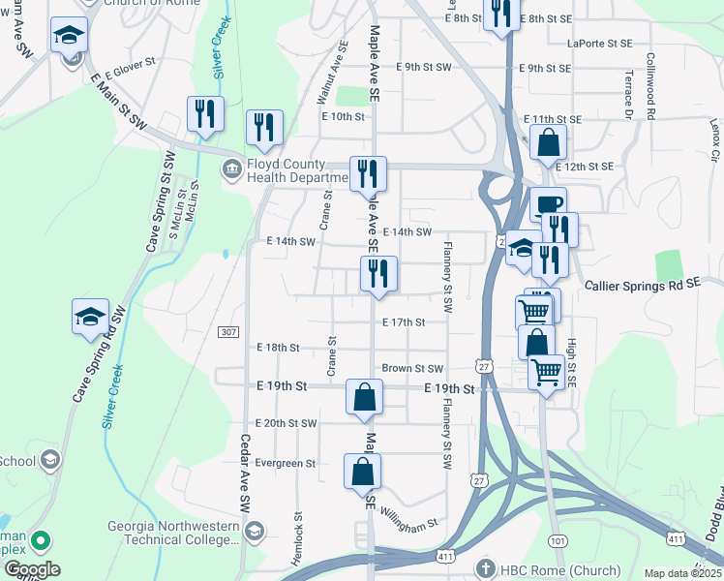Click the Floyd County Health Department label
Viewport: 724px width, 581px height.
coord(296,170)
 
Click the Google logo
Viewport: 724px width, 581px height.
coord(32,569)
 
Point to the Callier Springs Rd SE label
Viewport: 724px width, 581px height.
coord(642,286)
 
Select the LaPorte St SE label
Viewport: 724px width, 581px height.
coord(600,44)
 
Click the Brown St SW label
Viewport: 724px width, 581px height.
coord(411,369)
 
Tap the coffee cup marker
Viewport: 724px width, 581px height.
coord(548,204)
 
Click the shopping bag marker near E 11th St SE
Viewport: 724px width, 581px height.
coord(548,143)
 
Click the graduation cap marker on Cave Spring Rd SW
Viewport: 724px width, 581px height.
coord(91,317)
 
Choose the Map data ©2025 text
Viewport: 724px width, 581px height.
coord(683,573)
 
